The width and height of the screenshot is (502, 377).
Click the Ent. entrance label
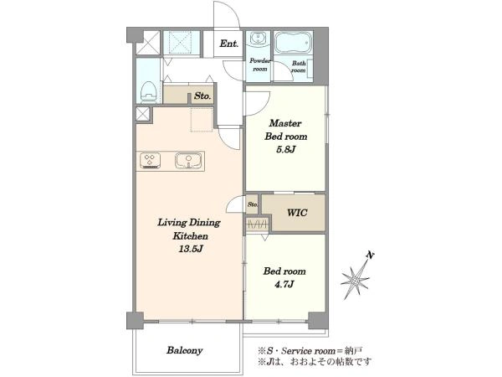click(x=229, y=44)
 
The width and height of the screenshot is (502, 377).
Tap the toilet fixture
click(x=148, y=92)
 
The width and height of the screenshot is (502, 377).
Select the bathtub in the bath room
click(x=293, y=43)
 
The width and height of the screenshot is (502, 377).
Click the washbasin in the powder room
click(x=257, y=39)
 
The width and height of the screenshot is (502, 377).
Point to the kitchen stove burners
click(x=150, y=161)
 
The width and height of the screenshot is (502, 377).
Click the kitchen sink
click(x=188, y=160)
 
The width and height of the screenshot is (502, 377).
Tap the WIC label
click(x=297, y=213)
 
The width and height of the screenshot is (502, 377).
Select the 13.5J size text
click(x=191, y=249)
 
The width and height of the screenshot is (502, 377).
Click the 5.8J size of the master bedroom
click(x=285, y=149)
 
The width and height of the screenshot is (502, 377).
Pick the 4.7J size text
click(x=284, y=284)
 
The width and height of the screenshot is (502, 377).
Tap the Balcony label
click(x=184, y=350)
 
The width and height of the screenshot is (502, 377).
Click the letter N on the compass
click(x=371, y=256)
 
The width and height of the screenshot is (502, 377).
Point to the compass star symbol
click(x=355, y=280)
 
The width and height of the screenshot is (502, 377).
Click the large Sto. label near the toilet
click(x=202, y=96)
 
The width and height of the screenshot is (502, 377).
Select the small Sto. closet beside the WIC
click(x=253, y=204)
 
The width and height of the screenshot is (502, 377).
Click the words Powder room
click(x=260, y=65)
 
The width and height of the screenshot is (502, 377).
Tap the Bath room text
click(x=299, y=67)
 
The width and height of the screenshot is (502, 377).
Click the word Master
click(x=285, y=123)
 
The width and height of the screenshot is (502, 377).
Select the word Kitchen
click(x=191, y=236)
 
